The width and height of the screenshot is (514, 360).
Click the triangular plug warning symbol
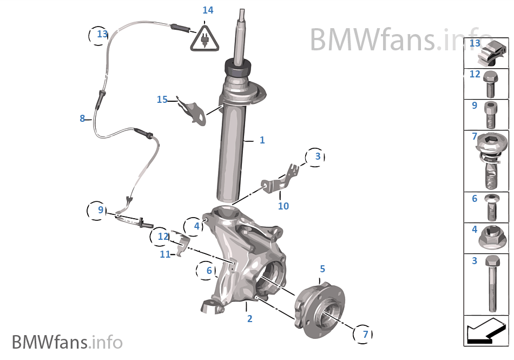click(x=205, y=38)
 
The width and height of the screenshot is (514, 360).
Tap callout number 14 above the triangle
click(x=208, y=10)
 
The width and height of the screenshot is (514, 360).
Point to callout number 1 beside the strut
click(x=262, y=140)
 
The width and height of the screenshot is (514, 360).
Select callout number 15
click(x=162, y=100)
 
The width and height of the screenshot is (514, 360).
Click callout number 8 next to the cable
click(x=82, y=119)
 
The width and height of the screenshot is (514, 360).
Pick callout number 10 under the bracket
click(x=284, y=206)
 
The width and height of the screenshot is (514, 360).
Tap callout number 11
click(x=165, y=254)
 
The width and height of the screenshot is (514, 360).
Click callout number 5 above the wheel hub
click(x=322, y=269)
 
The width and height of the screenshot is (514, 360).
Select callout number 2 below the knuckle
click(x=249, y=319)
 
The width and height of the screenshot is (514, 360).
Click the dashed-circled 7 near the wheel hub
click(x=365, y=334)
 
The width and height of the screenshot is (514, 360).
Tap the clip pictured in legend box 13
click(x=493, y=53)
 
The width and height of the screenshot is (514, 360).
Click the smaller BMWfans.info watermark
click(x=67, y=342)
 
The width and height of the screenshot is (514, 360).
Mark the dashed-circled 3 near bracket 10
click(x=317, y=157)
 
